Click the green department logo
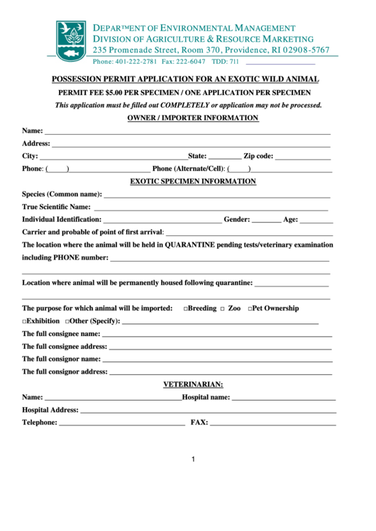71,40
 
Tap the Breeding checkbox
186,309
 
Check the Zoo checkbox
222,309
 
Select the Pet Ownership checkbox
250,309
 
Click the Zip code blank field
302,157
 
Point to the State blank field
225,157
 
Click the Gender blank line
266,221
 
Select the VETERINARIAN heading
193,384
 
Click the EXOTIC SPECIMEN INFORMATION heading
193,181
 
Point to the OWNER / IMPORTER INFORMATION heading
192,118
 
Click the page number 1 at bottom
192,459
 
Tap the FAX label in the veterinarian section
199,423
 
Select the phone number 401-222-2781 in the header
136,62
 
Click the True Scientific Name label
56,207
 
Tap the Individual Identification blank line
162,221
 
